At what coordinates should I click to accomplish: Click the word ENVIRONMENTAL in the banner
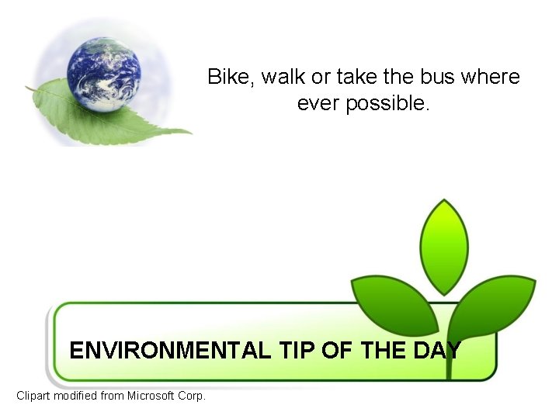(170, 351)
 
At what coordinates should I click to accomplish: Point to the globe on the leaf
(103, 74)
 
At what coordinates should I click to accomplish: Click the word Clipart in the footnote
(36, 396)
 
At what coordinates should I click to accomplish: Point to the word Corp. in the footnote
(192, 396)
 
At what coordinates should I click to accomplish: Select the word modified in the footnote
(80, 396)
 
